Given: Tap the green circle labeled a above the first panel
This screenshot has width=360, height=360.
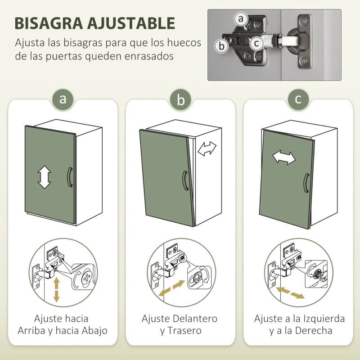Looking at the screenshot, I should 63,99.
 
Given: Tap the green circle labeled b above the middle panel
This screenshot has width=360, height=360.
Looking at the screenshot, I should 180,100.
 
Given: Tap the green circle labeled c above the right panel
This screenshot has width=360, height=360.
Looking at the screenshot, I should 298,99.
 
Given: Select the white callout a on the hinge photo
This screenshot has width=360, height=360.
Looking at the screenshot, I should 241,19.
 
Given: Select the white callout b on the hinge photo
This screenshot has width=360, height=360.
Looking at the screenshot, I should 221,45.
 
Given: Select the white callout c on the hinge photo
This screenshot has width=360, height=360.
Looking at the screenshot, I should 256,43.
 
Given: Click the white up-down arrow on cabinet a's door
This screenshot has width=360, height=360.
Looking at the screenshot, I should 44,177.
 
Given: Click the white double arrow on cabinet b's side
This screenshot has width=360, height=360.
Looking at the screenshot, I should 207,149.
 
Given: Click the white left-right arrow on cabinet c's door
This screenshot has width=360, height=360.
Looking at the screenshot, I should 283,157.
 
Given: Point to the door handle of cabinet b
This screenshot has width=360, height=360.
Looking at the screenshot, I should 184,181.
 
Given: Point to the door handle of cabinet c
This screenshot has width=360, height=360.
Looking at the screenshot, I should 306,184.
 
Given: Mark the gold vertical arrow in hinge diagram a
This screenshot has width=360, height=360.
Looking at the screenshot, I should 57,289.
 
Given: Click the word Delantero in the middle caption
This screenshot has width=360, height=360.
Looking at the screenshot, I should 195,319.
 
